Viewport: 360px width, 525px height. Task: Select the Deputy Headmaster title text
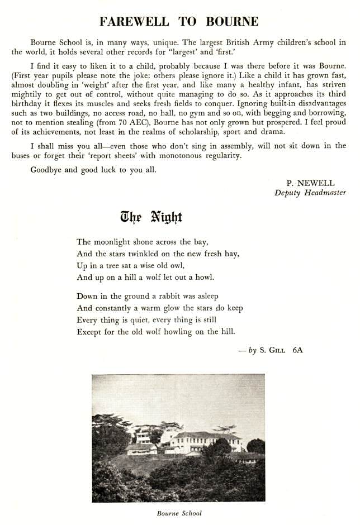click(310, 193)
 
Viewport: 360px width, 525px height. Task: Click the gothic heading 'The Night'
click(151, 218)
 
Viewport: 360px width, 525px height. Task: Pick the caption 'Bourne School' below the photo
click(180, 513)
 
